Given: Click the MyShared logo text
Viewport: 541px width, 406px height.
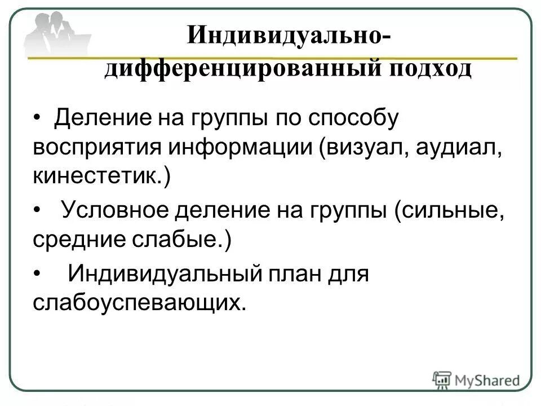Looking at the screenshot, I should click(x=488, y=379).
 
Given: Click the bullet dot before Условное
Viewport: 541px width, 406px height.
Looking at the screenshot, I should click(x=38, y=211).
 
